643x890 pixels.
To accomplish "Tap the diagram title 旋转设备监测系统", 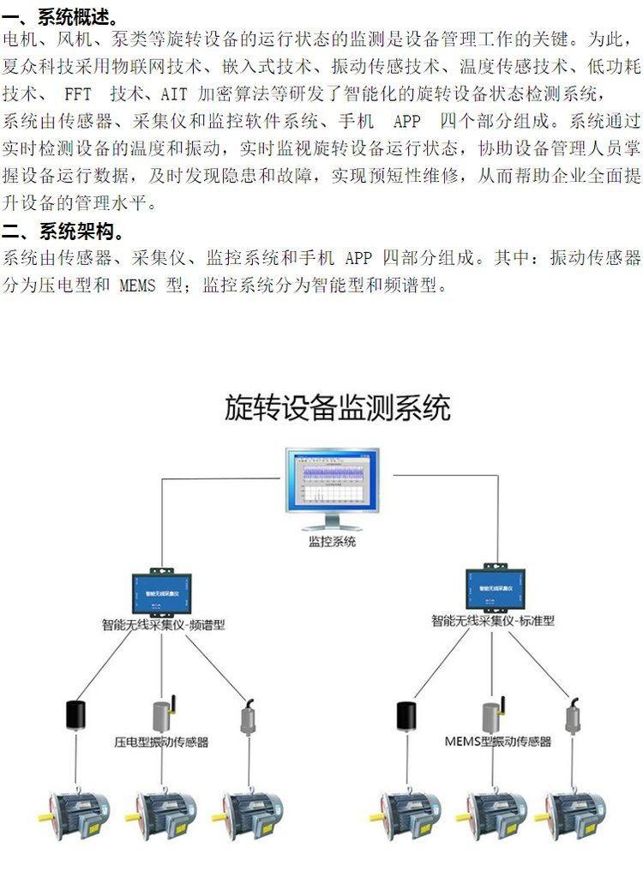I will pos(337,407).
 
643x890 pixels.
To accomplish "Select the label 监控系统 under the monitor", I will pos(332,542).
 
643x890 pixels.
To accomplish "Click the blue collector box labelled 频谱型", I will pos(162,592).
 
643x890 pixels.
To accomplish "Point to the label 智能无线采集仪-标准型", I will pos(493,620).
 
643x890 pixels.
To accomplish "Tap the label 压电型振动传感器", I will pos(161,742).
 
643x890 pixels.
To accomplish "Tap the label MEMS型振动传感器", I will pos(498,741).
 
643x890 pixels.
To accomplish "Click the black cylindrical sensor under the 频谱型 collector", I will pos(74,717).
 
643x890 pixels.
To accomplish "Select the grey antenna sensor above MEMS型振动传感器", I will pos(490,713).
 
